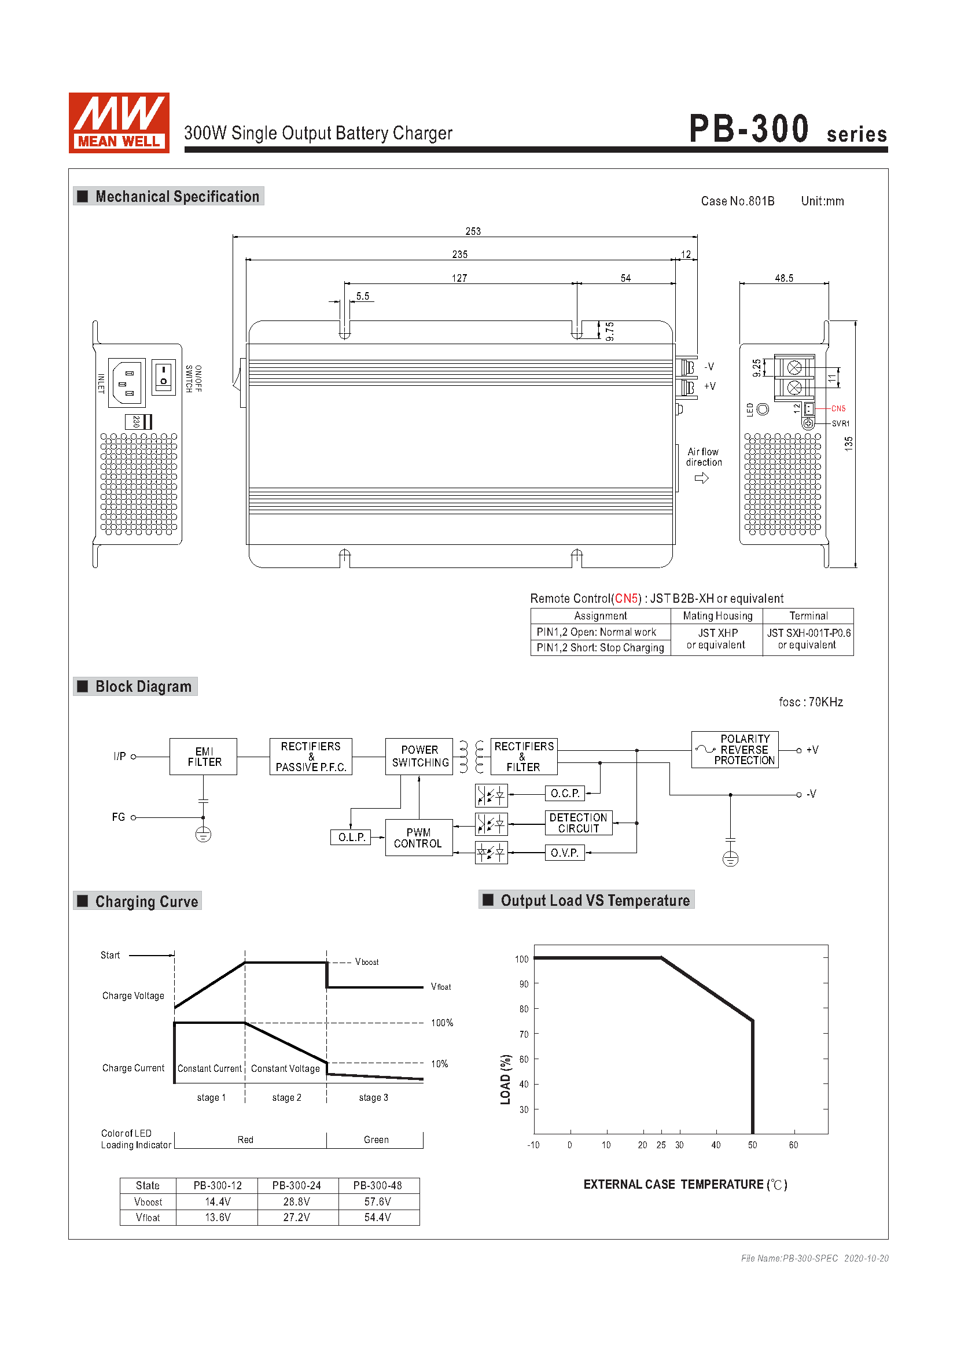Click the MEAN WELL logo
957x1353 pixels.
(x=119, y=123)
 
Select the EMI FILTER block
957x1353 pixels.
(x=203, y=757)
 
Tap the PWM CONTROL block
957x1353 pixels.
(x=419, y=838)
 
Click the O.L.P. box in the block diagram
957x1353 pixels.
(x=351, y=838)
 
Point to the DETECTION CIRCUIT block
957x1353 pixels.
(x=579, y=823)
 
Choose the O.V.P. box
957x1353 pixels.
(x=565, y=853)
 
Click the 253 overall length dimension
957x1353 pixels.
(x=473, y=231)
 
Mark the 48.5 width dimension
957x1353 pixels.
(x=784, y=278)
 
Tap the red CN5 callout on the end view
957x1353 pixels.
(x=838, y=408)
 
